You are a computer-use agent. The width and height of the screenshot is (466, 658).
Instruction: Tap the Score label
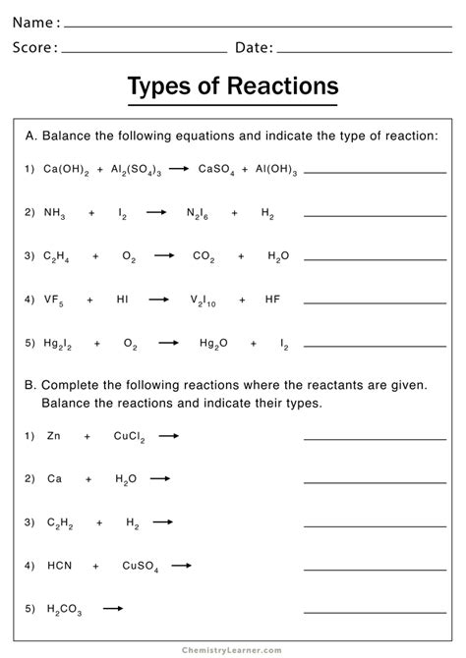click(x=35, y=47)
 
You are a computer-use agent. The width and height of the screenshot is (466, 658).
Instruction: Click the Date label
click(x=254, y=47)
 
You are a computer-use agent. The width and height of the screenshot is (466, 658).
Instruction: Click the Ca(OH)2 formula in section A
click(x=66, y=170)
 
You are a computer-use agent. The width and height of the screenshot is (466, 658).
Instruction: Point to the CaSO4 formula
click(x=216, y=170)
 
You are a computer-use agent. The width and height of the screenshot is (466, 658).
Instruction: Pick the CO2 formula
click(x=204, y=256)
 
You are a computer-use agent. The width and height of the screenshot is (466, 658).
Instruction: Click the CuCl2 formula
click(x=129, y=436)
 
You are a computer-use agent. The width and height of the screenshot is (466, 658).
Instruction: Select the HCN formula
click(x=58, y=566)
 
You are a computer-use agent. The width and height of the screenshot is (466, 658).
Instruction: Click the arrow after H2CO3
click(x=113, y=609)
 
